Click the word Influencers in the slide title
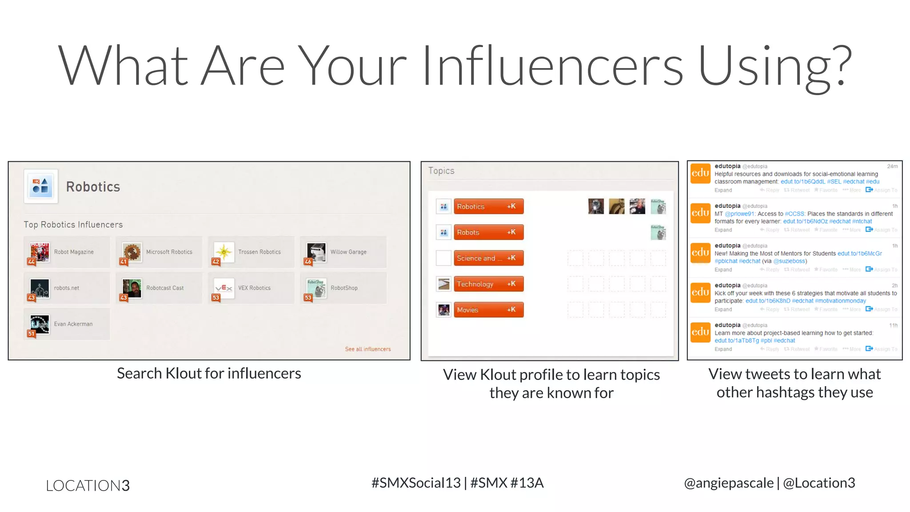coord(552,66)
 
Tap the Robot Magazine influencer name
coord(74,252)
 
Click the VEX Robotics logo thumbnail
coord(224,288)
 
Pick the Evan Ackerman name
coord(73,324)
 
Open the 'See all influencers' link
coord(368,349)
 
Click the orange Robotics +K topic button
coord(488,206)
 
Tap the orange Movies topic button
coord(488,310)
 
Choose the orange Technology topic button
coord(488,284)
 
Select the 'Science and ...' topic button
coord(488,258)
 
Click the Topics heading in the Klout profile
coord(441,171)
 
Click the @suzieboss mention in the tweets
coord(789,261)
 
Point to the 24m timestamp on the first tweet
coord(892,166)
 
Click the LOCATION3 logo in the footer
coord(88,485)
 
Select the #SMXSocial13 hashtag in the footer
coord(416,483)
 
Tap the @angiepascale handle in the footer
coord(729,483)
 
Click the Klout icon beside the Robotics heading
coord(41,186)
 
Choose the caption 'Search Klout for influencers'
coord(209,373)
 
